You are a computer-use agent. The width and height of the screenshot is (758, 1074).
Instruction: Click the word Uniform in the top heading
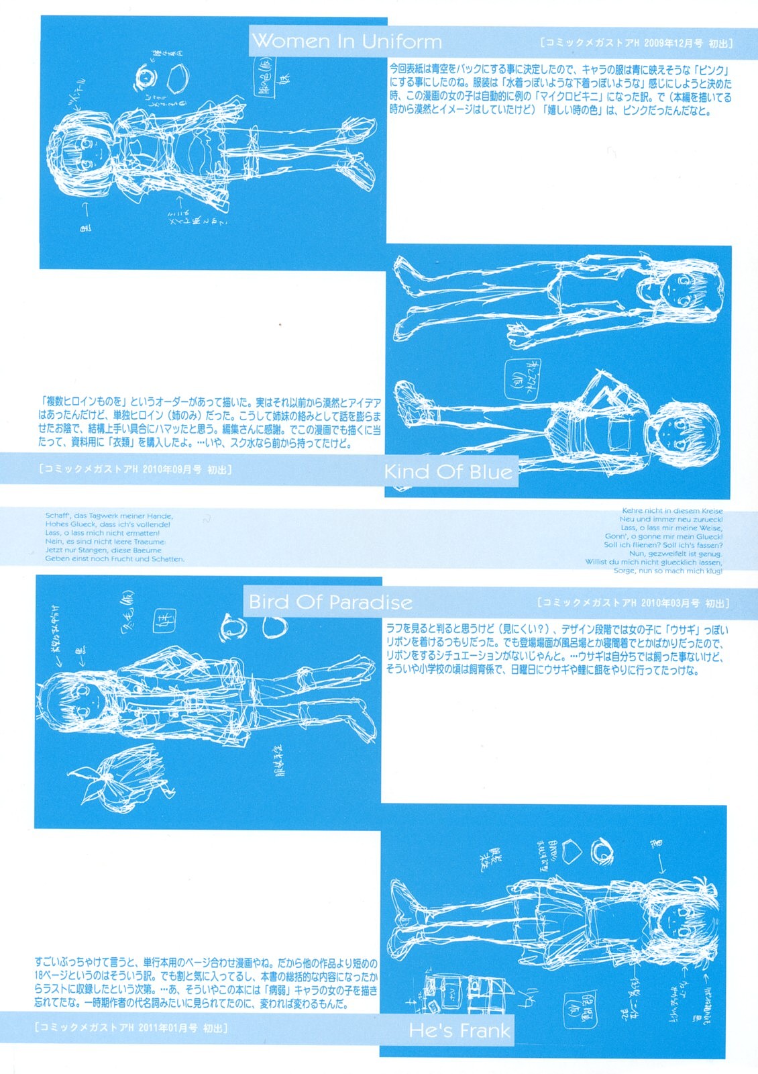pyautogui.click(x=402, y=42)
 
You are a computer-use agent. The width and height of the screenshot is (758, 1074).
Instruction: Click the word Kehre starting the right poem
pyautogui.click(x=633, y=511)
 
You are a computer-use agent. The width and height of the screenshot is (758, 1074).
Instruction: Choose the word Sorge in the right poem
pyautogui.click(x=625, y=571)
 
